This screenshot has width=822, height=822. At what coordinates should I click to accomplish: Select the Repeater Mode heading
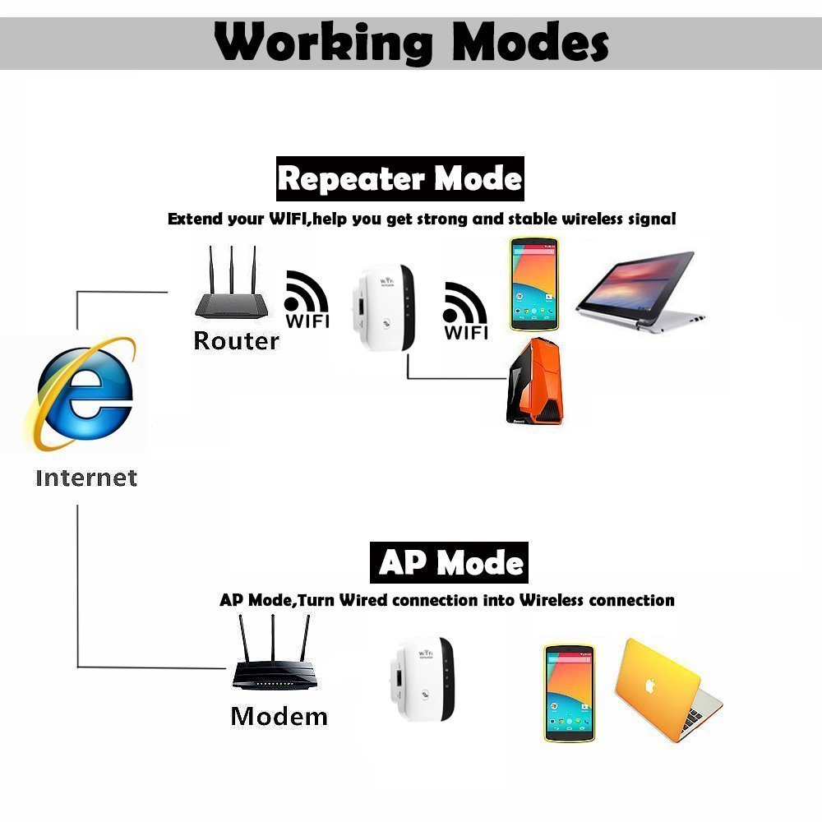(399, 178)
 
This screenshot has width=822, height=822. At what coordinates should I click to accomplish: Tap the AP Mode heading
(450, 563)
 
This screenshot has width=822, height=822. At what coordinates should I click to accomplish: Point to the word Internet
(86, 478)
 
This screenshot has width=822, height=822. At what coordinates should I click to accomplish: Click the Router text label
(236, 340)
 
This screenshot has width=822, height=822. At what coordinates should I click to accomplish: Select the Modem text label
(279, 716)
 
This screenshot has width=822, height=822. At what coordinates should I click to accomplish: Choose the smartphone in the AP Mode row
(569, 693)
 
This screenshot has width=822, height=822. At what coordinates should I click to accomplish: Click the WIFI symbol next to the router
(307, 300)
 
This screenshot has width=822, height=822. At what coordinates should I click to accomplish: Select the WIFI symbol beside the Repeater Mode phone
(465, 312)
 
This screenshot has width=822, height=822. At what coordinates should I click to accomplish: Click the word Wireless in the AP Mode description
(559, 600)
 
